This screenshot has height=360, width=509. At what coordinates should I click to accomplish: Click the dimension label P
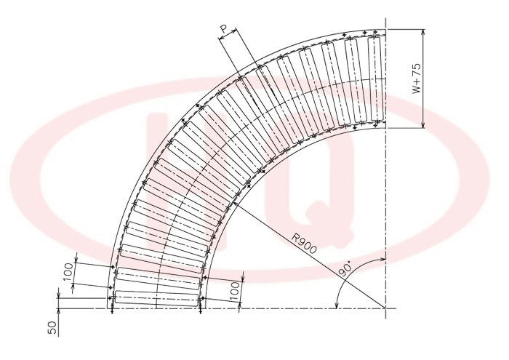[x=224, y=30]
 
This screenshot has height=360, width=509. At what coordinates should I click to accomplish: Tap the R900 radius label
[x=303, y=244]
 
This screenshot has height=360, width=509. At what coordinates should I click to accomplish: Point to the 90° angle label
[x=346, y=270]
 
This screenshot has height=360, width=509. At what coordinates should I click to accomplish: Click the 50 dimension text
[x=52, y=327]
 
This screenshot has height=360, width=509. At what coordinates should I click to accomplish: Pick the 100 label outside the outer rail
[x=68, y=272]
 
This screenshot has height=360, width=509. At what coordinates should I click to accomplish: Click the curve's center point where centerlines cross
[x=385, y=308]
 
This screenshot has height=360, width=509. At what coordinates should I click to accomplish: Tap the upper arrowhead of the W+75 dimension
[x=422, y=33]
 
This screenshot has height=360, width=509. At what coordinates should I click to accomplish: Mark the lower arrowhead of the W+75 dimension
[x=422, y=125]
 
